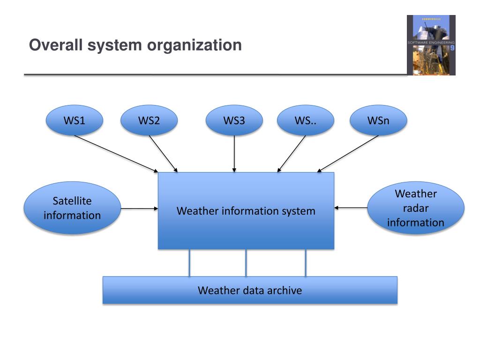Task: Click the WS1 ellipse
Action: (x=74, y=120)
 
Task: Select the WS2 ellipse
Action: (x=149, y=120)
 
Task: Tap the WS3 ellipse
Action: (x=234, y=120)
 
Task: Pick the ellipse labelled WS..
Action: (x=306, y=120)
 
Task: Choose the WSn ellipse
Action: (x=378, y=120)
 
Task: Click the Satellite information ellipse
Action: (x=72, y=208)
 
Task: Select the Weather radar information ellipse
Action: (x=415, y=208)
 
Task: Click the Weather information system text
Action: (x=246, y=211)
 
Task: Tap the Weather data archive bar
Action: (x=250, y=290)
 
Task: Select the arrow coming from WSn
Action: (x=348, y=153)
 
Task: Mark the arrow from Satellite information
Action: (x=140, y=208)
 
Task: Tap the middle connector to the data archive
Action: (x=246, y=262)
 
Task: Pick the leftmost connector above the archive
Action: (x=189, y=262)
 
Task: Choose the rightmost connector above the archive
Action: (x=306, y=262)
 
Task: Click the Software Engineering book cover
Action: (x=431, y=45)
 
